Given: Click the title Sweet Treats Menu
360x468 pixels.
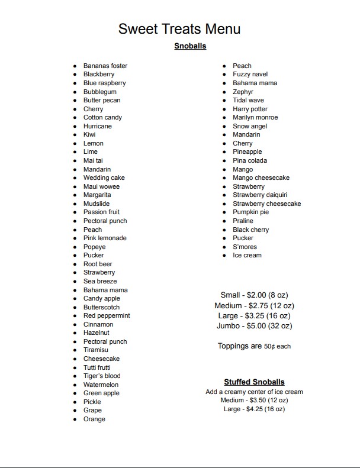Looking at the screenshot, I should [179, 29].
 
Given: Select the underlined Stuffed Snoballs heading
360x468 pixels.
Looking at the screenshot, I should [254, 382].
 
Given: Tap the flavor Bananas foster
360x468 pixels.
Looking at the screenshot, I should [105, 66].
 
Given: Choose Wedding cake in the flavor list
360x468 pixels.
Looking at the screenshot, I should [104, 177].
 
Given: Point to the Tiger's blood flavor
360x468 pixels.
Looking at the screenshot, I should [102, 376].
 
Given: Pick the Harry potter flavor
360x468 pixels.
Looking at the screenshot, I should [250, 109].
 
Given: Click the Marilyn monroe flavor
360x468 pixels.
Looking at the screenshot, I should [255, 117].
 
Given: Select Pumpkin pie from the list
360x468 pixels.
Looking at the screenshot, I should [250, 212].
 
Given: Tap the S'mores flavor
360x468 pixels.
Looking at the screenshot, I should [245, 247].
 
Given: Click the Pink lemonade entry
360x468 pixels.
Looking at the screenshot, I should [105, 238].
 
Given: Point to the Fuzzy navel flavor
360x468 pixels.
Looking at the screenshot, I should [250, 74].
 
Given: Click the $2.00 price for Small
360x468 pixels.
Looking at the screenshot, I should [255, 295].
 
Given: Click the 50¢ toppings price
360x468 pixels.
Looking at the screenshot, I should [269, 347].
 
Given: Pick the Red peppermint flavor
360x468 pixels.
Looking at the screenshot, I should [107, 315].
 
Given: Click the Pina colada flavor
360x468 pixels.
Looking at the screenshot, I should [250, 160].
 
